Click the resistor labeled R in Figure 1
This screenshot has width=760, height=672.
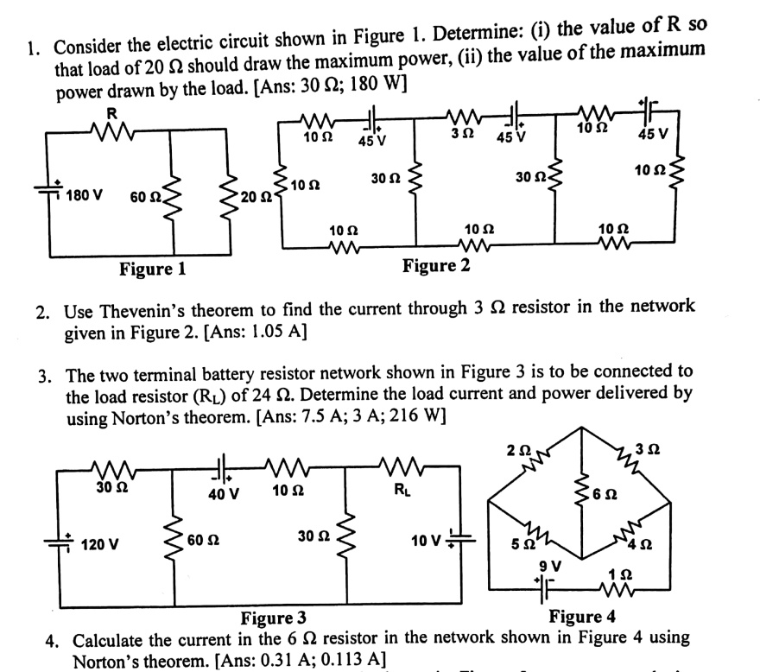click(x=111, y=130)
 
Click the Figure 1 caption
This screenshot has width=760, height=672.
click(x=152, y=269)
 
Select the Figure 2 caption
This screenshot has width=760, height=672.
click(x=436, y=265)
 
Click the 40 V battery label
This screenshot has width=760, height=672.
click(x=224, y=494)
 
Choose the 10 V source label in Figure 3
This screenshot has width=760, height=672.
click(x=427, y=542)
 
